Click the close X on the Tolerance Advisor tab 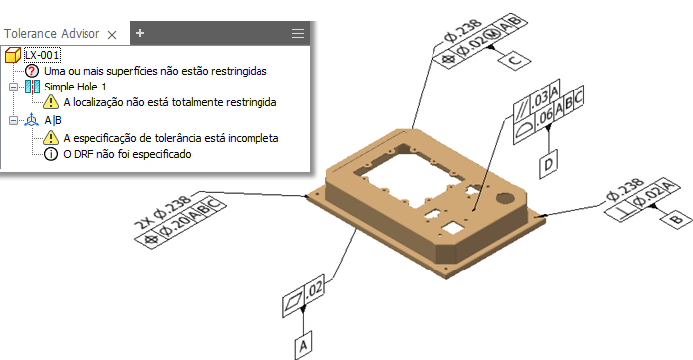[112, 35]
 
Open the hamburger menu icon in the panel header [298, 33]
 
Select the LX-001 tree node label [42, 55]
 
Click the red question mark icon [32, 71]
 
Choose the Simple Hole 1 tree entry [76, 87]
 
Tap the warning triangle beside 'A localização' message [51, 102]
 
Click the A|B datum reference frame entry [53, 120]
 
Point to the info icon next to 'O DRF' [51, 154]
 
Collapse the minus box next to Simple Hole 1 [13, 87]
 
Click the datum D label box [548, 164]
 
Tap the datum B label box [676, 218]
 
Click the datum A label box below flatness [303, 345]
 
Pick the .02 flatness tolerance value [314, 289]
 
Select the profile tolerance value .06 [545, 117]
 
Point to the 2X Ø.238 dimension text [163, 211]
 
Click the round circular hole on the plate [504, 197]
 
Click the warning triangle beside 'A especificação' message [51, 138]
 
